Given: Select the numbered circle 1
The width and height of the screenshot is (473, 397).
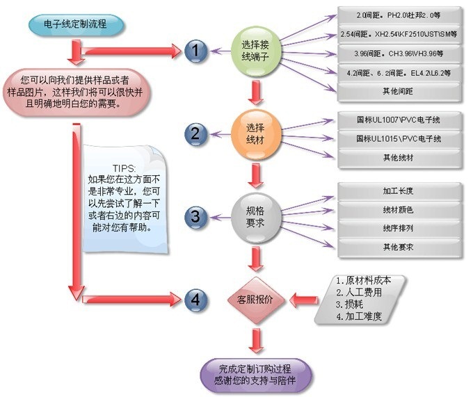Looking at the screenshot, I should (196, 50).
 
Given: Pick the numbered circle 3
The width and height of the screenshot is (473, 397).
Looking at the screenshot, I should (196, 217).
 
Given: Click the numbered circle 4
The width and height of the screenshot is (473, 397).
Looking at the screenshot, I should (196, 300).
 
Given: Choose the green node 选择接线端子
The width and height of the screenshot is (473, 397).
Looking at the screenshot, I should (257, 50).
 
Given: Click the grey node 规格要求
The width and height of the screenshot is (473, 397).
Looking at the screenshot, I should (255, 216).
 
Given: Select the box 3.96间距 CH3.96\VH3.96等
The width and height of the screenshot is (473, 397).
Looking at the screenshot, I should (398, 53).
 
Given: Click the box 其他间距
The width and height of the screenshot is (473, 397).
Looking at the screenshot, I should (398, 90).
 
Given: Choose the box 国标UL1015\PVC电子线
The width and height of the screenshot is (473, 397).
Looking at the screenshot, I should (398, 139).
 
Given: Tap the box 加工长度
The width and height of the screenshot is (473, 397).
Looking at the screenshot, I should (398, 191).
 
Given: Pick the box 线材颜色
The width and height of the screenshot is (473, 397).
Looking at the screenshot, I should (398, 209).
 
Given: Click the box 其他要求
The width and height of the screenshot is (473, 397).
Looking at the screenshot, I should (398, 247).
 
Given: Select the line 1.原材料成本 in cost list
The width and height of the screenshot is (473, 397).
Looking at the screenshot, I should (364, 281).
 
